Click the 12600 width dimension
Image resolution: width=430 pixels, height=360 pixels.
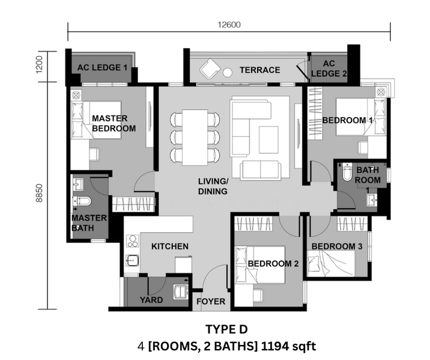tap(229, 25)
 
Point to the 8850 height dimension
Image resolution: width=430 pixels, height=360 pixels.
tap(40, 193)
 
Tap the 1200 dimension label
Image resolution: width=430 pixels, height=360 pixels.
tap(40, 65)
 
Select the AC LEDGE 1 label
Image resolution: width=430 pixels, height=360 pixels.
tap(102, 67)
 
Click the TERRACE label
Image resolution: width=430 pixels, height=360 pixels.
tap(259, 70)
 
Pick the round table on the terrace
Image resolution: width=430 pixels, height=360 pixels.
tap(228, 73)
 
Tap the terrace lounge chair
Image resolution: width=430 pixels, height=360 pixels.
tap(210, 69)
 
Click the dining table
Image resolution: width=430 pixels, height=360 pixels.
tap(195, 137)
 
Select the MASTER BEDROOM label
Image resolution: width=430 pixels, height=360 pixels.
tap(114, 123)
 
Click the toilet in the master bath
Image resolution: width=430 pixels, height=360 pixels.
tap(82, 201)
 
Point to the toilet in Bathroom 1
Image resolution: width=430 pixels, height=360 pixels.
tap(347, 172)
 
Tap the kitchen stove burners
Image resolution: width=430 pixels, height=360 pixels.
tap(133, 241)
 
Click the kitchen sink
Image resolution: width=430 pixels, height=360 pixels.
tap(133, 260)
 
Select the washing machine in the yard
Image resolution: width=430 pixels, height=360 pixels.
tap(180, 291)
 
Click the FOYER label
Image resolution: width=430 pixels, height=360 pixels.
tap(211, 301)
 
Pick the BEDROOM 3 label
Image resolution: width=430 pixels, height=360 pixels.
tap(337, 247)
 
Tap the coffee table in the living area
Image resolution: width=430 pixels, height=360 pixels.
tap(268, 140)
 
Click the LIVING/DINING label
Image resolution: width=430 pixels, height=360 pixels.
tap(213, 187)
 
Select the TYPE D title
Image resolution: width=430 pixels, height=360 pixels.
tap(226, 329)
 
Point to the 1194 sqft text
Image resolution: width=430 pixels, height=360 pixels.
tap(288, 347)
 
